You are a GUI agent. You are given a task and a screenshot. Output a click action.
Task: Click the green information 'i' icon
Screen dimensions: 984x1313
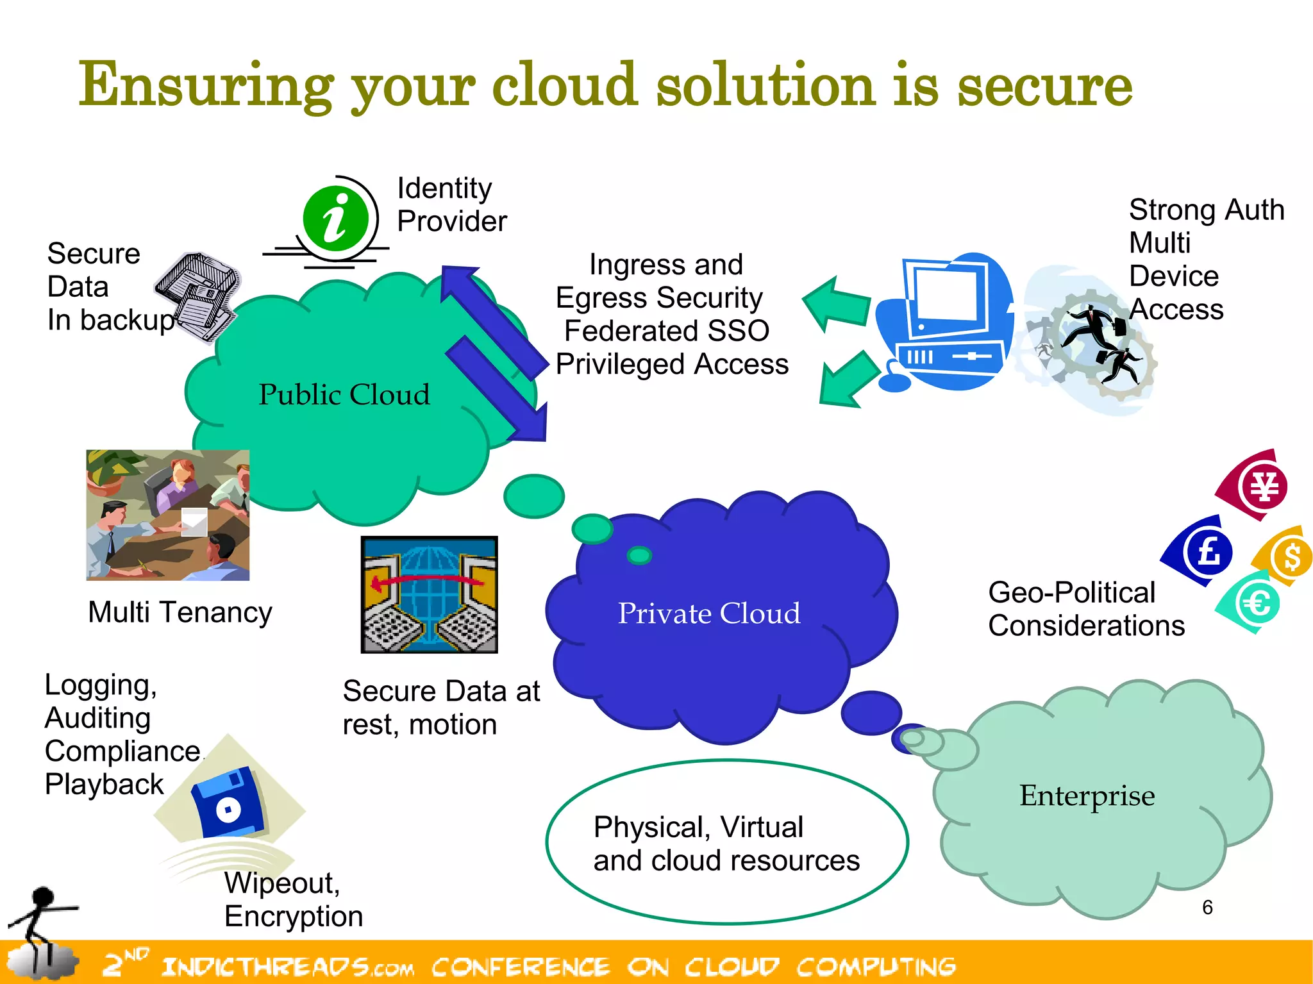[x=335, y=219]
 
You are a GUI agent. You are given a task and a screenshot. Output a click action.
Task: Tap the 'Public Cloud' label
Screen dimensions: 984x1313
[x=344, y=395]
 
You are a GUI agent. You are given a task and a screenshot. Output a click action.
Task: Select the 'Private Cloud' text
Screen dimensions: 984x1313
[x=708, y=613]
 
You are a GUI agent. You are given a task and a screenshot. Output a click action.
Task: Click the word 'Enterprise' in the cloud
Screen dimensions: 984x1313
[x=1087, y=796]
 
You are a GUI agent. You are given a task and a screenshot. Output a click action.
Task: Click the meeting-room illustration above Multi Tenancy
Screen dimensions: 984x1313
[x=168, y=515]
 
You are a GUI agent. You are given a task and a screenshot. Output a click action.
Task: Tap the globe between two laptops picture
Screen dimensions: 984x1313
[x=429, y=594]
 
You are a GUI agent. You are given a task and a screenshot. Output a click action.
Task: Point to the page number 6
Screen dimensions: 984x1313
[x=1207, y=907]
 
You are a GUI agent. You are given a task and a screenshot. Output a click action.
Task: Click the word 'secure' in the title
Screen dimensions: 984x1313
[x=1044, y=87]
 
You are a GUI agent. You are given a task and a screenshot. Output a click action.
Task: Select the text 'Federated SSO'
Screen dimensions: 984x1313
[x=667, y=331]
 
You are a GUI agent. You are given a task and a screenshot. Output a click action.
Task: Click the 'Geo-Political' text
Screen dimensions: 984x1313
[x=1071, y=592]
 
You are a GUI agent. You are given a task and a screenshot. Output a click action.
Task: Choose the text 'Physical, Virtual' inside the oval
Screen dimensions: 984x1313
[x=698, y=827]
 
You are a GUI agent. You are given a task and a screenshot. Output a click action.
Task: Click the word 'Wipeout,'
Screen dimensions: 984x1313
[x=282, y=883]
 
